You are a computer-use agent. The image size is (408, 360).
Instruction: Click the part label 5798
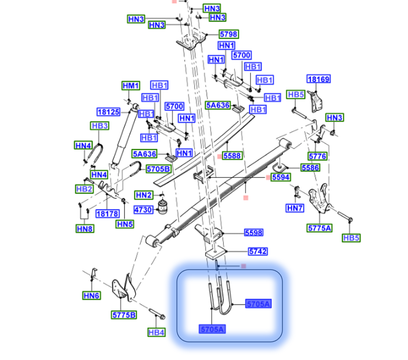(228, 35)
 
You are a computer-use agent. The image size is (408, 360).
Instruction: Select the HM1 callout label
(130, 86)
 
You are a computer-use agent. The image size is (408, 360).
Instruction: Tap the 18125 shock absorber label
(108, 112)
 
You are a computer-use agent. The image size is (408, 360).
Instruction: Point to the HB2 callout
(84, 189)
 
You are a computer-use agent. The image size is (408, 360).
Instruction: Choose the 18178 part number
(107, 213)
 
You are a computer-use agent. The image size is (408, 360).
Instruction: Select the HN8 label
(84, 228)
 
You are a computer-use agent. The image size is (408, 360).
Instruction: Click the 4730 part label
(143, 210)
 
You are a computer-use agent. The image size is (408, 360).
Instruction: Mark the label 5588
(232, 156)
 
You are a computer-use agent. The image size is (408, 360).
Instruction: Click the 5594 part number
(280, 178)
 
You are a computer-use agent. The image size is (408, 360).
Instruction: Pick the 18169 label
(319, 79)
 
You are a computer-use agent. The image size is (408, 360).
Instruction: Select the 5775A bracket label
(319, 228)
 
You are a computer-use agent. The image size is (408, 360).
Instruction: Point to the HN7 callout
(295, 208)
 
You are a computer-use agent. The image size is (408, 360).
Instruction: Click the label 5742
(258, 252)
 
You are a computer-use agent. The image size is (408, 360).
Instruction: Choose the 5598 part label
(254, 233)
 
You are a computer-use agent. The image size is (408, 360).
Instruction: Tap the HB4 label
(157, 333)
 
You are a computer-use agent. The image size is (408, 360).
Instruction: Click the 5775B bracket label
(124, 315)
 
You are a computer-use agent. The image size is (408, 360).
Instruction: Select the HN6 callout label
(91, 295)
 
